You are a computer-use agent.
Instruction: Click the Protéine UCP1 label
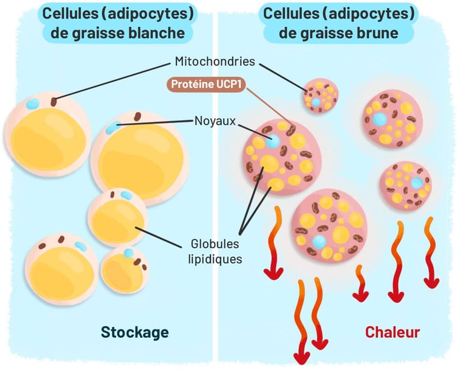click(x=208, y=85)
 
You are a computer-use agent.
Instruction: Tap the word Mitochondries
click(x=215, y=61)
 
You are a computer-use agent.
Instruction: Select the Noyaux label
click(x=215, y=121)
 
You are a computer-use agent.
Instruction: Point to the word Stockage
click(x=135, y=332)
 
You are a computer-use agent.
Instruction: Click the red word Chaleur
click(x=392, y=332)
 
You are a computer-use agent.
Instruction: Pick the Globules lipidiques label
click(x=215, y=251)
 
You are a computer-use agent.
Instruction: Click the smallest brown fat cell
click(x=321, y=96)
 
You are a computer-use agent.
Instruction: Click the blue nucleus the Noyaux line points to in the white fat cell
click(x=113, y=127)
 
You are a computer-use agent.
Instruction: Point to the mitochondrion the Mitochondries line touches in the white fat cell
click(x=54, y=102)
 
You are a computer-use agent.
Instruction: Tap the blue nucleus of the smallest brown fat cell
click(x=316, y=102)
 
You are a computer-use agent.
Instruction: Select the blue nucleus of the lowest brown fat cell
click(x=319, y=242)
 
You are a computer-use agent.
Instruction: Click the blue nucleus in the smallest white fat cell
click(x=129, y=253)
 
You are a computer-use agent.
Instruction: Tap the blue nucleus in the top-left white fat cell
click(x=32, y=103)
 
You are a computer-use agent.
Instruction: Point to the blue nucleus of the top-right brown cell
click(x=380, y=119)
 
